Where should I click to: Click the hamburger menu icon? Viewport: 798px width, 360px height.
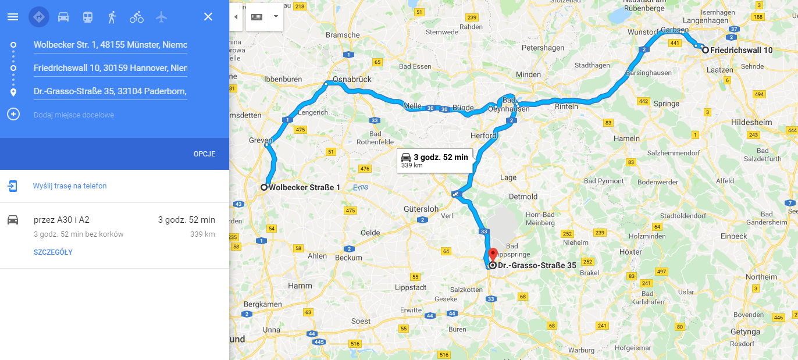[13, 17]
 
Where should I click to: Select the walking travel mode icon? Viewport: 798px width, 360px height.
[112, 17]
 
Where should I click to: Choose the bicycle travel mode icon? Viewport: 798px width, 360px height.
[137, 17]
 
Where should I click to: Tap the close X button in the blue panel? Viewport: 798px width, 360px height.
[208, 17]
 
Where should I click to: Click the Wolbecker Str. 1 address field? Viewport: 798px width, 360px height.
[110, 45]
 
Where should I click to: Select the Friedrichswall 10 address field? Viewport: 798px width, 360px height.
[110, 68]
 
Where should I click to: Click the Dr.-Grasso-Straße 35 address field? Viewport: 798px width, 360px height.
[110, 91]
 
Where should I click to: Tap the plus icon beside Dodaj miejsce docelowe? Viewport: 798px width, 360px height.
[13, 114]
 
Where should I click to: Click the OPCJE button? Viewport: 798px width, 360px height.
[204, 154]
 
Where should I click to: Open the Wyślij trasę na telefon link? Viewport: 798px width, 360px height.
[70, 186]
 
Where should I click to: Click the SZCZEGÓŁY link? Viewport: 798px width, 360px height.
[53, 252]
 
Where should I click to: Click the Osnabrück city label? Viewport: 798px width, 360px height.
[352, 79]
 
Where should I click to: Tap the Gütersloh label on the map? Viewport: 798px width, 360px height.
[421, 208]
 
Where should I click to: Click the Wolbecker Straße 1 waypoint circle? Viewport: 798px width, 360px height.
[264, 187]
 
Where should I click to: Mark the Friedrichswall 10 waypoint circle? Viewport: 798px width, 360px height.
[706, 50]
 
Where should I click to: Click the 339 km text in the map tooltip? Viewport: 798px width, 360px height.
[412, 166]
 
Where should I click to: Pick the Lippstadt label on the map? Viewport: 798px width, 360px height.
[411, 287]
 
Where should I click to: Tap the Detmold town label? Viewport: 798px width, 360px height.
[523, 197]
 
